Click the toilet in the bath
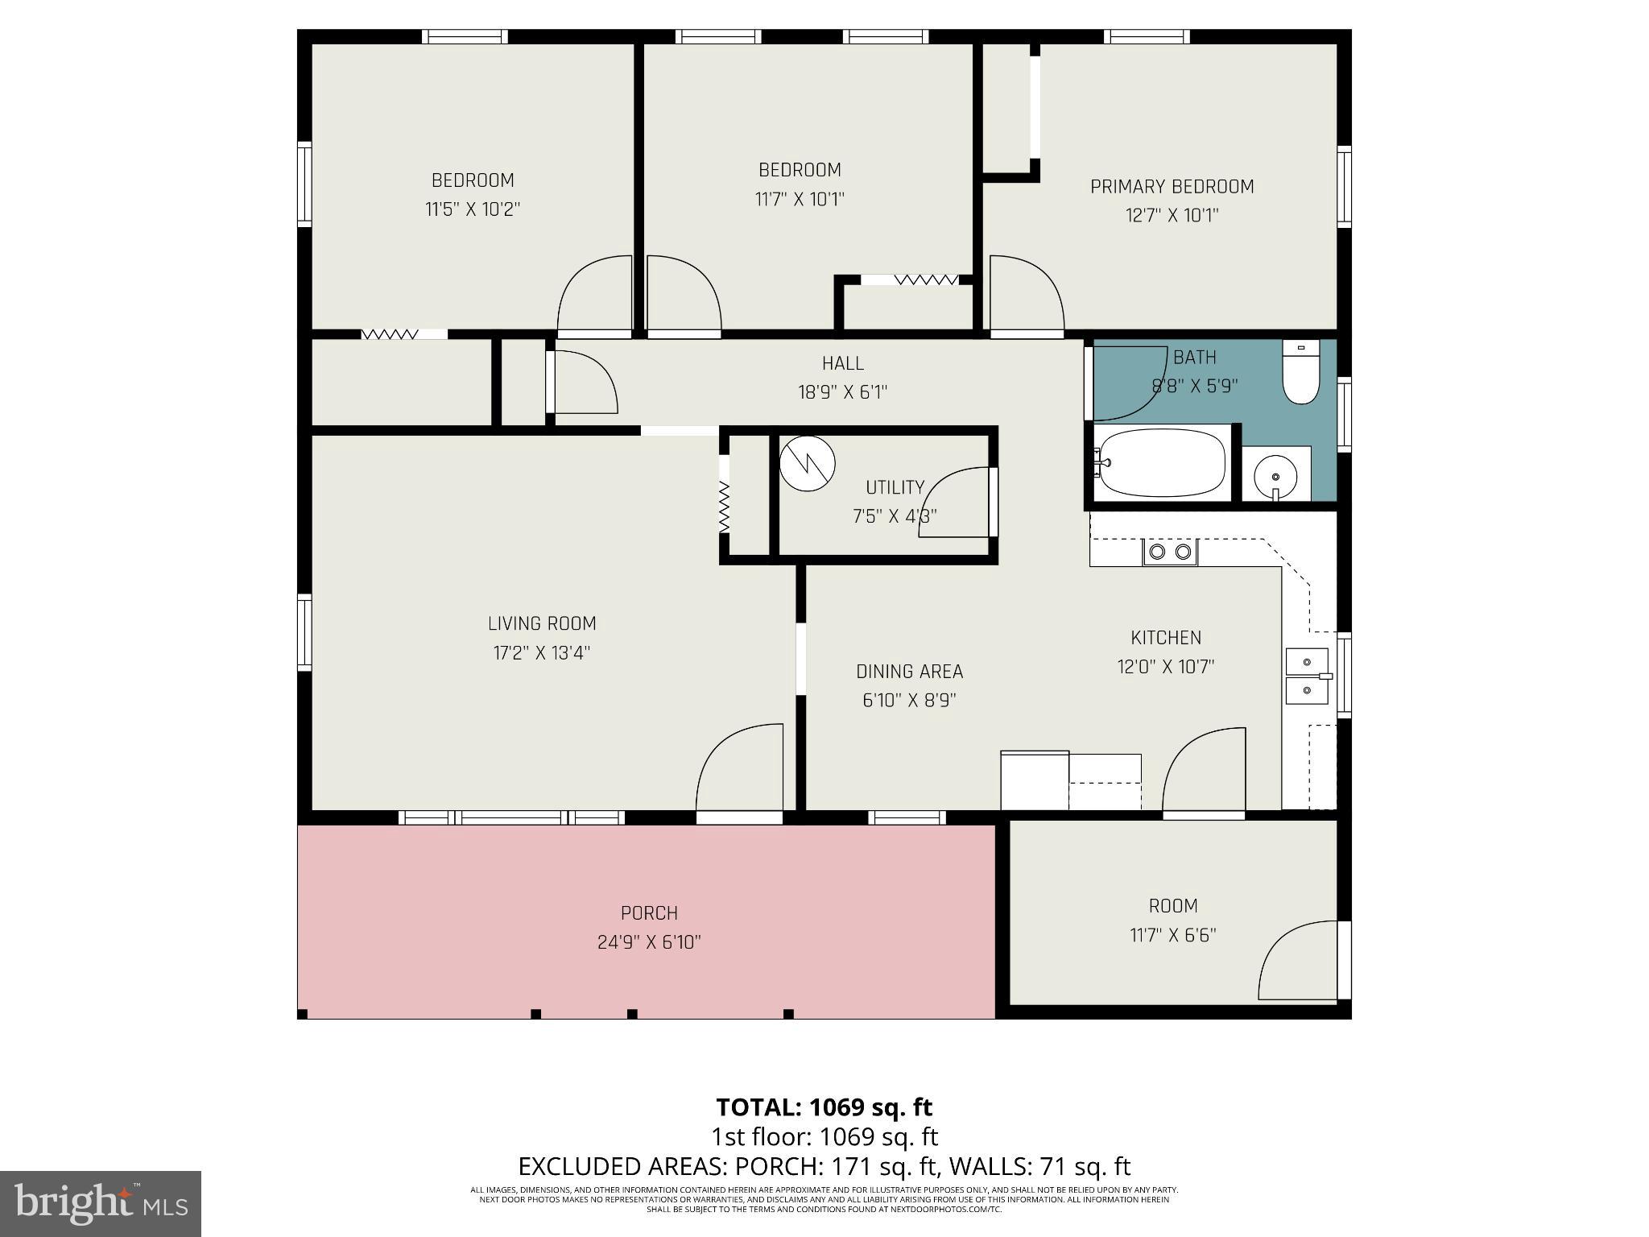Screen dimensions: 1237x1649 click(x=1300, y=375)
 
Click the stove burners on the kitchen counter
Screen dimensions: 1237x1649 click(x=1170, y=552)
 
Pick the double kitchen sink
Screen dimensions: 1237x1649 click(x=1306, y=676)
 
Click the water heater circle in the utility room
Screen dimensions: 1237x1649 click(x=808, y=463)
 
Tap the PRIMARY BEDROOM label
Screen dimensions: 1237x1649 click(x=1172, y=187)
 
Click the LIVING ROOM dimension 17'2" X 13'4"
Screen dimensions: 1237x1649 click(x=542, y=652)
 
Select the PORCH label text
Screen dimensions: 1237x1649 click(x=649, y=913)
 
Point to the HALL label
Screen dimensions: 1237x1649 click(x=842, y=363)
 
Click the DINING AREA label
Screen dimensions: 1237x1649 click(x=909, y=672)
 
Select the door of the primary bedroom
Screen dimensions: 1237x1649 click(x=1024, y=294)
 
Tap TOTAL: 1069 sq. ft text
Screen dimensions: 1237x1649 click(x=824, y=1107)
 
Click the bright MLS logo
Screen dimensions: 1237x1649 click(x=101, y=1203)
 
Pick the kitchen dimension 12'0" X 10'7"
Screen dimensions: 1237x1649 click(x=1165, y=667)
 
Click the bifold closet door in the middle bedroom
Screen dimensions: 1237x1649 click(x=926, y=279)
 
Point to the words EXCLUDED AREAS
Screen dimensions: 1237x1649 click(x=626, y=1166)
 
